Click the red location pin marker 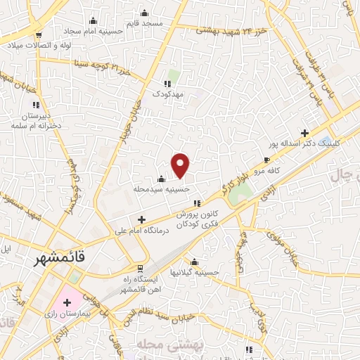pos(181,165)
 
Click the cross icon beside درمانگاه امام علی pos(142,219)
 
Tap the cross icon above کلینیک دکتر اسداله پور pos(304,132)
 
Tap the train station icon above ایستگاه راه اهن pos(140,268)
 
